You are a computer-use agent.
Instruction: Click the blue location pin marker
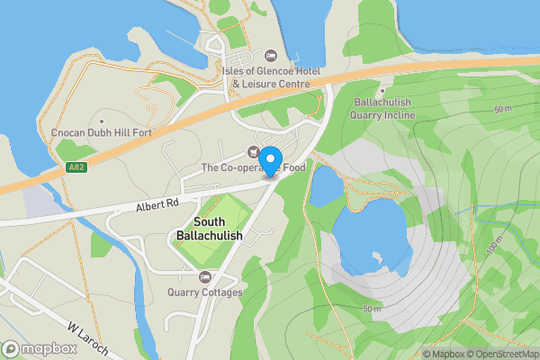click(x=269, y=161)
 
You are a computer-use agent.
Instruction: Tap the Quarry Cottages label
click(x=204, y=292)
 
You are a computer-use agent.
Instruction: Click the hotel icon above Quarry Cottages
click(x=204, y=277)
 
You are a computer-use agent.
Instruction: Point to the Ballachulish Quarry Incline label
click(x=382, y=109)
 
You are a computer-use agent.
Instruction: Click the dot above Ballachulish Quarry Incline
click(x=382, y=89)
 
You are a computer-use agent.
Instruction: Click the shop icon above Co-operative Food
click(x=253, y=151)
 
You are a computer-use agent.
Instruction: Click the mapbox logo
click(x=39, y=348)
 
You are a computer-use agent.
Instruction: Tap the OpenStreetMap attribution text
click(x=501, y=353)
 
